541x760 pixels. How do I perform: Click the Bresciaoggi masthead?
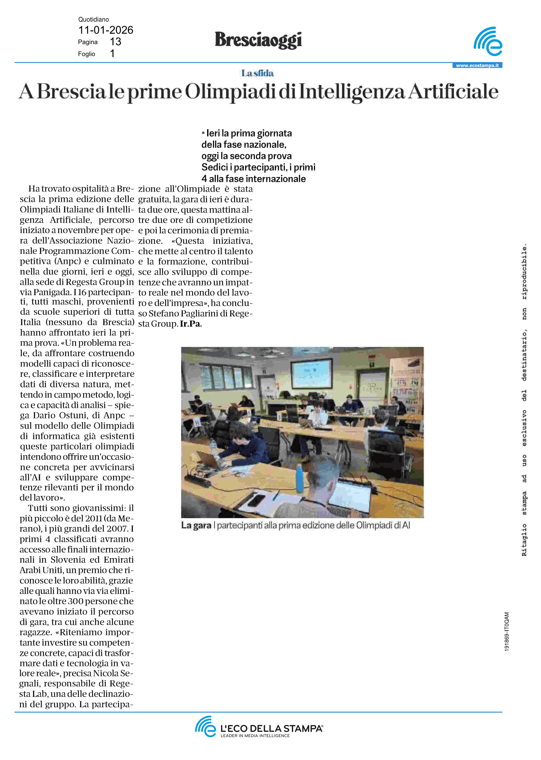coord(258,40)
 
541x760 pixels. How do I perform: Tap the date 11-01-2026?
coord(106,30)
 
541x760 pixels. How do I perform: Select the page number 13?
coord(115,42)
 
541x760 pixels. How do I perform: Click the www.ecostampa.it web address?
coord(477,65)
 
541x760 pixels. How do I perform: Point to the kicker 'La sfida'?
coord(257,73)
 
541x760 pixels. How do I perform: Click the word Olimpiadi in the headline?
coord(230,92)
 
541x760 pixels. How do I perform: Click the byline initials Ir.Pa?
coord(191,324)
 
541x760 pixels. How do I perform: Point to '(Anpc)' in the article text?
coord(68,261)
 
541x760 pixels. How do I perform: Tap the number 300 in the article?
coord(75,601)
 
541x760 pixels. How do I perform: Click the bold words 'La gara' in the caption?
coord(196,525)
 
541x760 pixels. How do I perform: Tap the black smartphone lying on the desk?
coord(257,500)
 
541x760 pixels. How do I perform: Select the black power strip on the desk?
coord(199,480)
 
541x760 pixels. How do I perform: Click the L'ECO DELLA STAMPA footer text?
coord(271,729)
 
